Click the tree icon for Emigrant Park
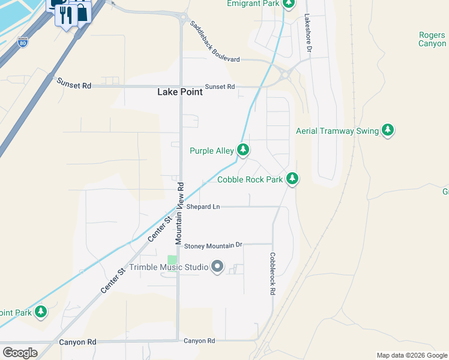click(289, 4)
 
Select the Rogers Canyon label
click(432, 40)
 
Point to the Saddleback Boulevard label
click(215, 41)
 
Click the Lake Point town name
click(180, 92)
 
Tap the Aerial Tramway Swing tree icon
click(388, 130)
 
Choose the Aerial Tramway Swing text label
click(337, 131)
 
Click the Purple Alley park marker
click(243, 150)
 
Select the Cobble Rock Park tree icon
click(292, 178)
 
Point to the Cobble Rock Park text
click(250, 179)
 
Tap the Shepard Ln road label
click(203, 206)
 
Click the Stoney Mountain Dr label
click(212, 245)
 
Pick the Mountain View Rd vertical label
click(179, 212)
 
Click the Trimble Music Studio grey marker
click(217, 266)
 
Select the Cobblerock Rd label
click(272, 273)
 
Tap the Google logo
click(20, 353)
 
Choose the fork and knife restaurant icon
click(66, 14)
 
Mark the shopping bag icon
click(81, 12)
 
